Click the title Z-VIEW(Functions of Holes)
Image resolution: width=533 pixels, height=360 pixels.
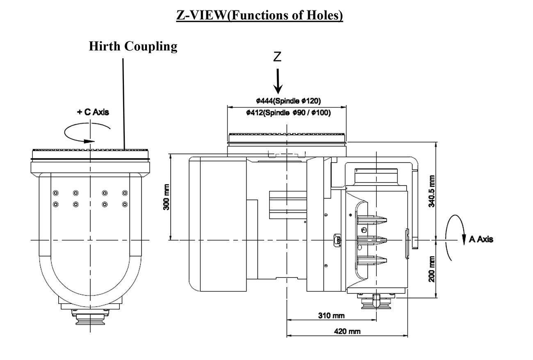[259, 15]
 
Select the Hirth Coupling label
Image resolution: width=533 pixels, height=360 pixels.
[133, 46]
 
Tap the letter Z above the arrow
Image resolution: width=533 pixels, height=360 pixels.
[278, 57]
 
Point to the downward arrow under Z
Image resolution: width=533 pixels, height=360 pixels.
[278, 81]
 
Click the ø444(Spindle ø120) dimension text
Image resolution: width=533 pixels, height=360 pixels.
[288, 101]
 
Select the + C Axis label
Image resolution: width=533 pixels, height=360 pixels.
[93, 112]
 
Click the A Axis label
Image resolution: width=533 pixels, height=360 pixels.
[480, 239]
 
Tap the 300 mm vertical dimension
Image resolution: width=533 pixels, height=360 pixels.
[167, 197]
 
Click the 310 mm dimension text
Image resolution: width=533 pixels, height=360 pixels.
[331, 315]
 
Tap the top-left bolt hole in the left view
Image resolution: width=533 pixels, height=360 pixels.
[56, 193]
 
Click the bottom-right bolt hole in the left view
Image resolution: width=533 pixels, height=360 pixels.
[125, 204]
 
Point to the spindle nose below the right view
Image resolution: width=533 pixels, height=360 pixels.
[376, 303]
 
